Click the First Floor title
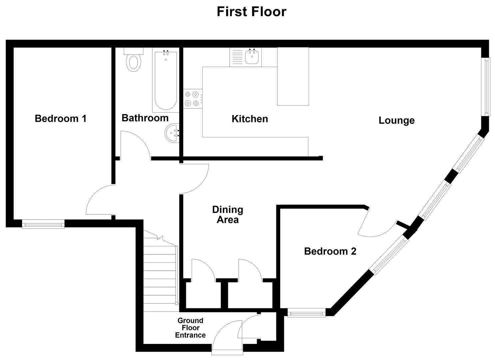point(251,12)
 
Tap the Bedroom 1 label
point(61,119)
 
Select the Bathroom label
point(145,118)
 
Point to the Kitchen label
point(250,119)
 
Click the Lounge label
point(396,120)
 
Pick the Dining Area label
point(228,215)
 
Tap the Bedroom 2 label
point(330,251)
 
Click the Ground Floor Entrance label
point(190,328)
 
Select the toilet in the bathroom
point(134,60)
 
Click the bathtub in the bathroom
point(166,80)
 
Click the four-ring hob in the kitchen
point(193,99)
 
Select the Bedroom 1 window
point(43,224)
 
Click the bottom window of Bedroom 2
point(306,313)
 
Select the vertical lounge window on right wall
point(487,87)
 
